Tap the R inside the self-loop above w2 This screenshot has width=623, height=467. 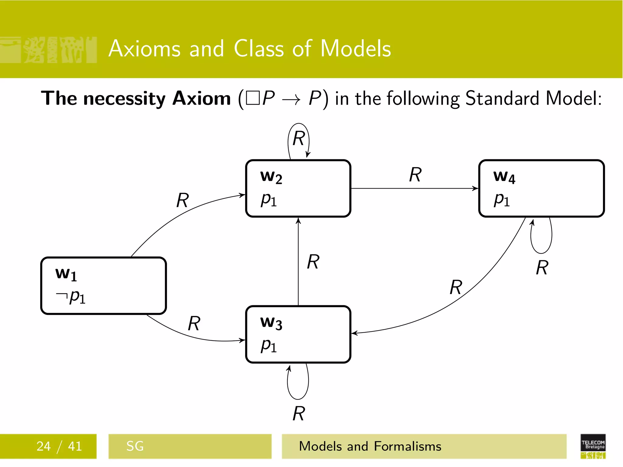tap(298, 139)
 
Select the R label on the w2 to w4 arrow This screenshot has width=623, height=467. tap(415, 175)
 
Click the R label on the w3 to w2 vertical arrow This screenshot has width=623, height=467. tap(313, 262)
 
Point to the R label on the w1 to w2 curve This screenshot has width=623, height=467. tap(183, 200)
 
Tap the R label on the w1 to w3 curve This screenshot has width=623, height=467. tap(194, 323)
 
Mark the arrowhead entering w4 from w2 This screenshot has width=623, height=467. tap(475, 189)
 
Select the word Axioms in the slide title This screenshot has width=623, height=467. tap(144, 49)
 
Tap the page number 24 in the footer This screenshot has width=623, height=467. tap(44, 446)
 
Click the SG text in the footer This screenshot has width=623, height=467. tap(135, 446)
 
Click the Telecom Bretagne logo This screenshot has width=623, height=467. tap(593, 446)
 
